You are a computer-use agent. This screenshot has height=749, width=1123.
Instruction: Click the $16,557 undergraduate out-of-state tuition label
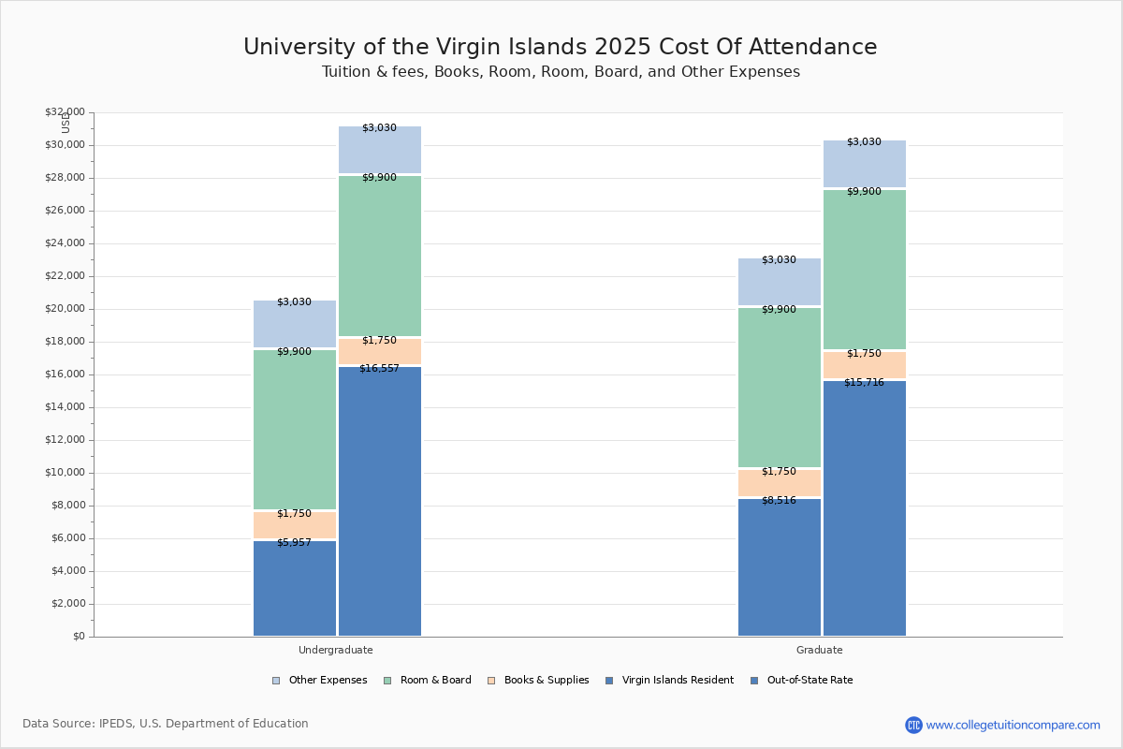click(x=379, y=369)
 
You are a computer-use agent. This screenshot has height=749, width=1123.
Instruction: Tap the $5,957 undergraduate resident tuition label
click(x=294, y=543)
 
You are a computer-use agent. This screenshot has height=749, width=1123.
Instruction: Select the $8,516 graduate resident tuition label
click(x=779, y=501)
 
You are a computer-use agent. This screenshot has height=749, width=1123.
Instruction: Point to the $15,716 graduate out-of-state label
click(x=864, y=383)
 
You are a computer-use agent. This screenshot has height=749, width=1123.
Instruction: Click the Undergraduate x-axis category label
click(x=335, y=650)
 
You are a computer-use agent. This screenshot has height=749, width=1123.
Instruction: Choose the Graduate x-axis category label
click(x=820, y=650)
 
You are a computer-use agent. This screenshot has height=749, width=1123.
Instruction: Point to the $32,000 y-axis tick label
click(x=65, y=112)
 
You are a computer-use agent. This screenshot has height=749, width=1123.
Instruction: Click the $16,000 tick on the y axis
click(x=65, y=374)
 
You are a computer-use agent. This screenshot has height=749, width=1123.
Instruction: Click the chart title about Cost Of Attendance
click(x=561, y=48)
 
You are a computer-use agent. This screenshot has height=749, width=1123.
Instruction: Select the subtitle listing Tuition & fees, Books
click(x=561, y=72)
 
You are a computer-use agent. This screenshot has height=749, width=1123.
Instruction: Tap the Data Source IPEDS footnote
click(x=166, y=724)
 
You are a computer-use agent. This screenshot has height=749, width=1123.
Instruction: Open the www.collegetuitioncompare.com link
click(x=1013, y=725)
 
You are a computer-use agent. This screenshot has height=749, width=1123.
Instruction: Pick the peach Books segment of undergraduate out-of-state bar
click(x=379, y=352)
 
